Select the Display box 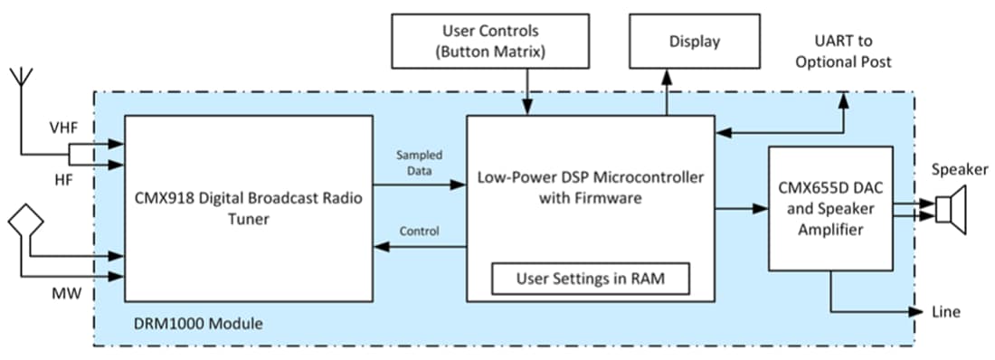click(x=694, y=42)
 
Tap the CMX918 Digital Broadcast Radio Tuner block click(x=249, y=208)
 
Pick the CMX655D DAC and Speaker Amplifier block click(x=829, y=208)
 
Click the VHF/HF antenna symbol click(x=20, y=82)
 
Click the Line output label click(x=944, y=312)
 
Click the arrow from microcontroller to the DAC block click(x=741, y=210)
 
